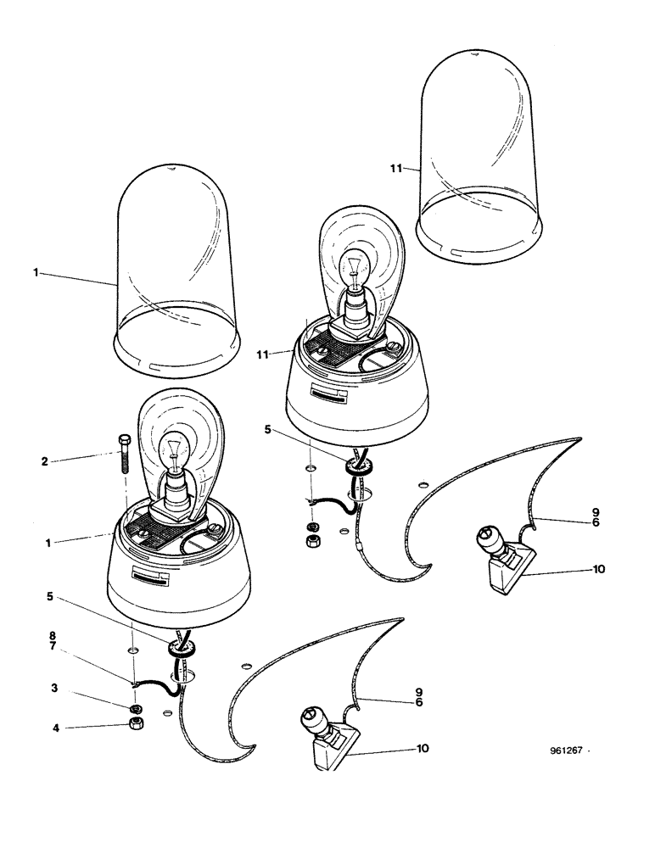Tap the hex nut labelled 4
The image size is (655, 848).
click(x=134, y=722)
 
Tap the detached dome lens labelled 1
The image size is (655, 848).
click(x=174, y=280)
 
